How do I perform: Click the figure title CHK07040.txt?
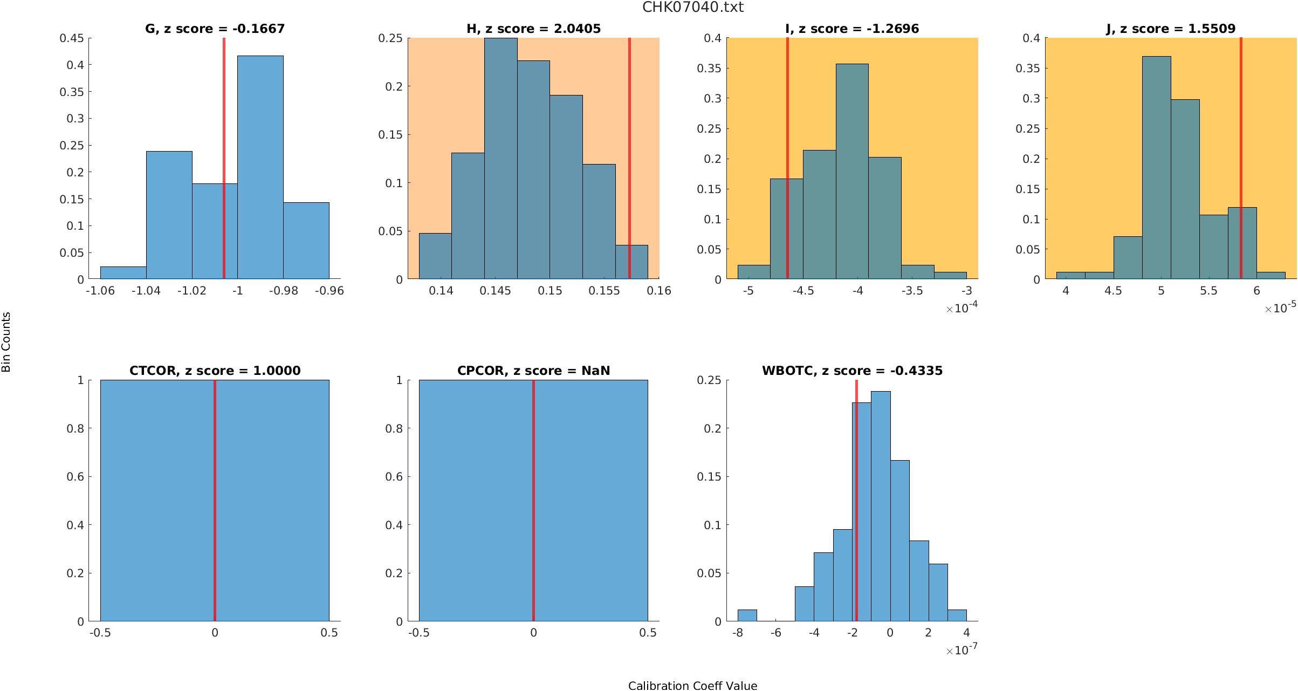pyautogui.click(x=692, y=8)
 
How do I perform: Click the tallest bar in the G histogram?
pyautogui.click(x=260, y=167)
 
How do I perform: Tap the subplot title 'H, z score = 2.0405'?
pyautogui.click(x=533, y=29)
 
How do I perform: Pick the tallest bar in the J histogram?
pyautogui.click(x=1156, y=167)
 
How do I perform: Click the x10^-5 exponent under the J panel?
pyautogui.click(x=1280, y=308)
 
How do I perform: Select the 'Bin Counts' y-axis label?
pyautogui.click(x=6, y=342)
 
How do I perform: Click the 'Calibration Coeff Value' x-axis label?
pyautogui.click(x=692, y=686)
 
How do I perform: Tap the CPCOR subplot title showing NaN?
pyautogui.click(x=533, y=371)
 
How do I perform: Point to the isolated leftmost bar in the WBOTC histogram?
pyautogui.click(x=747, y=615)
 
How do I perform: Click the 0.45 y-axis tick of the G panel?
pyautogui.click(x=72, y=38)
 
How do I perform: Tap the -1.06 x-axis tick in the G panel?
pyautogui.click(x=100, y=291)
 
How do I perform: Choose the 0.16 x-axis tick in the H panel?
pyautogui.click(x=658, y=291)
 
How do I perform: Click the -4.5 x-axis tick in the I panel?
pyautogui.click(x=803, y=291)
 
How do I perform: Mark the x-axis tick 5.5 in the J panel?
pyautogui.click(x=1208, y=291)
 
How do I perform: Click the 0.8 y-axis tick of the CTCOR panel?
pyautogui.click(x=75, y=428)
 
